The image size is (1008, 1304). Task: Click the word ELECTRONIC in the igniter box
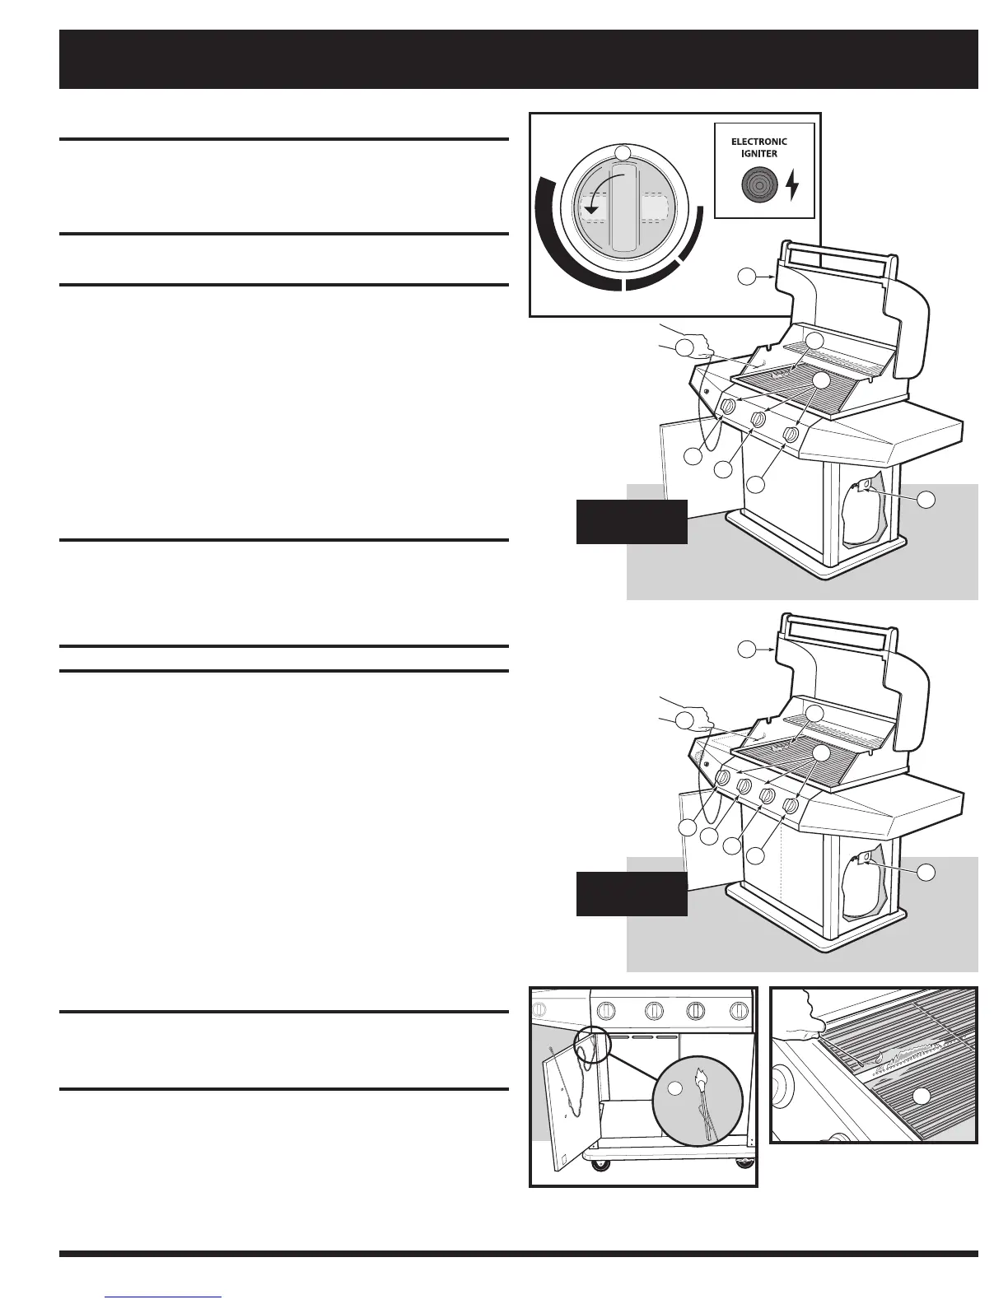758,142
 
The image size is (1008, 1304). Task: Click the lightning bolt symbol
792,185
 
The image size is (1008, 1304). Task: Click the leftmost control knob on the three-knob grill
728,408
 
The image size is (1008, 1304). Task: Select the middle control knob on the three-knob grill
759,421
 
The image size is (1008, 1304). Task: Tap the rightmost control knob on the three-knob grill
791,434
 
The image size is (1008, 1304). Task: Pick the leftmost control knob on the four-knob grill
722,778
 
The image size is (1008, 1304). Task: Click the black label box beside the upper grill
632,521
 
